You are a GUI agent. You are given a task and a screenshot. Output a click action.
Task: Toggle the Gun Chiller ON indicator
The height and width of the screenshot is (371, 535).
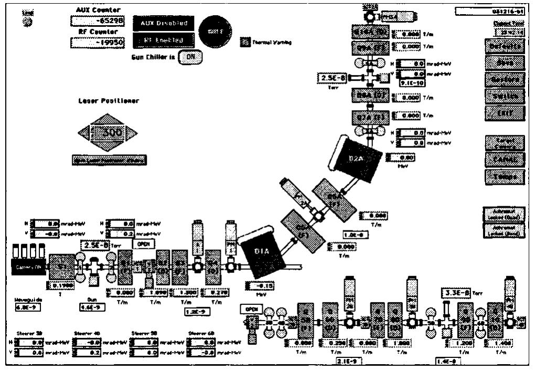coord(190,56)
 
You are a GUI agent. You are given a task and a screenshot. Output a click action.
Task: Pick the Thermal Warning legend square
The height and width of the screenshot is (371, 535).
coord(244,42)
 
